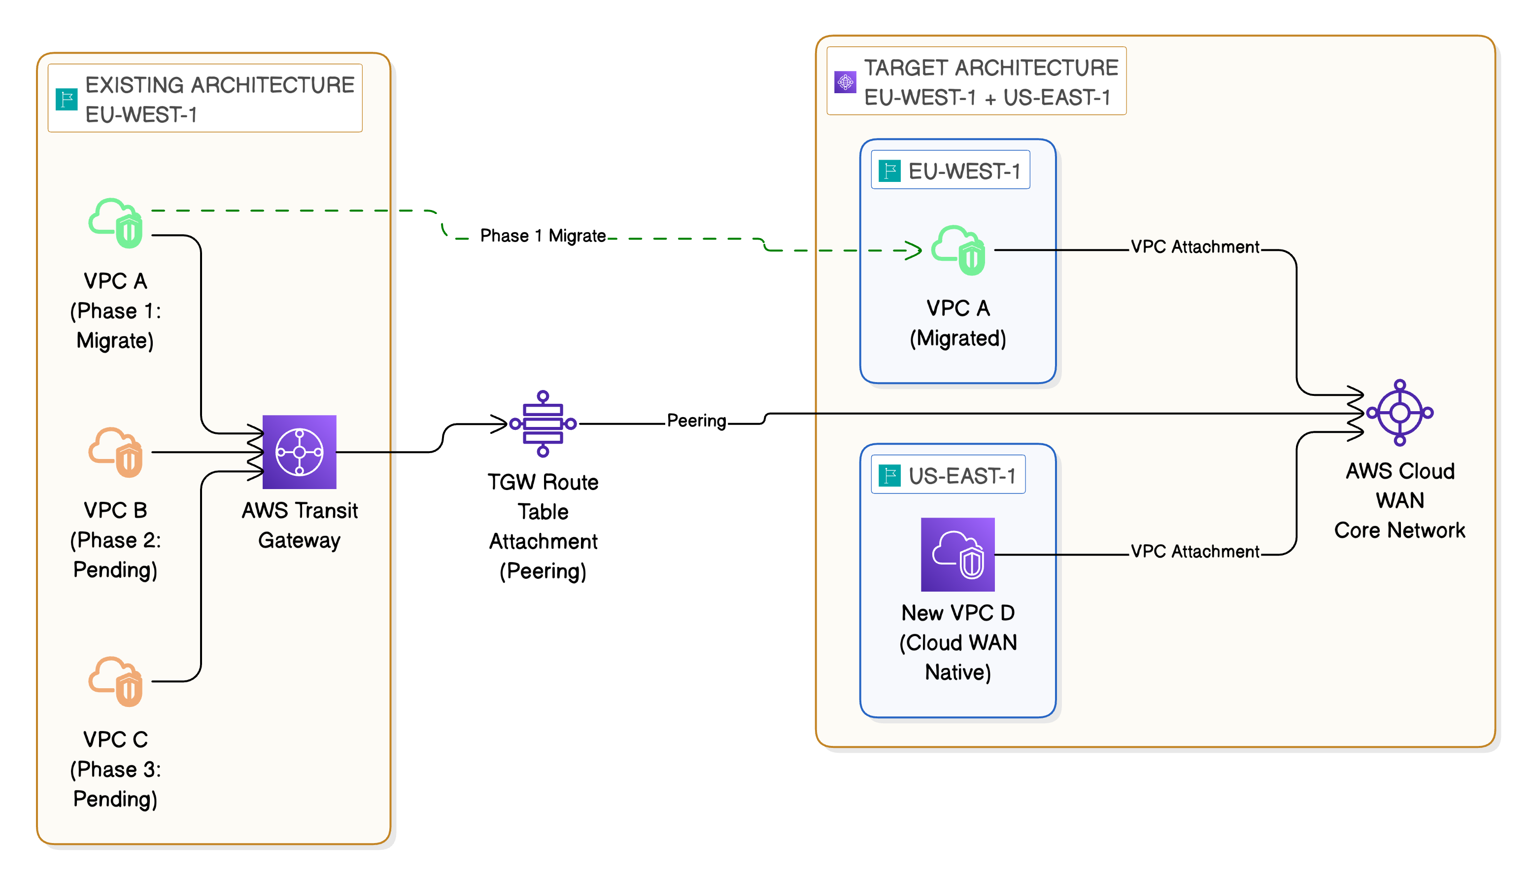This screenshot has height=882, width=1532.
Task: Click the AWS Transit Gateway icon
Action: pyautogui.click(x=299, y=452)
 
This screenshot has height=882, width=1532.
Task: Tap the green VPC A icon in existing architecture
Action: pyautogui.click(x=116, y=223)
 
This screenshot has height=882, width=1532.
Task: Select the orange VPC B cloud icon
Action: pyautogui.click(x=116, y=453)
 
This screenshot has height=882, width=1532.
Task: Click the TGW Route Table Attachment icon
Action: pyautogui.click(x=543, y=423)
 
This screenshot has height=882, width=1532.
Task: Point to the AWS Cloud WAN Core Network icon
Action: pyautogui.click(x=1399, y=413)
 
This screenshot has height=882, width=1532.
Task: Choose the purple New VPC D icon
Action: pyautogui.click(x=957, y=554)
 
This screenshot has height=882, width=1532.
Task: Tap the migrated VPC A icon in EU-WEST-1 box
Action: pyautogui.click(x=958, y=250)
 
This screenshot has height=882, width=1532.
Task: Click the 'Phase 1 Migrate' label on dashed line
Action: pyautogui.click(x=543, y=236)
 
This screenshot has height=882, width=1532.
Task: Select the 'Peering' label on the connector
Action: pyautogui.click(x=696, y=421)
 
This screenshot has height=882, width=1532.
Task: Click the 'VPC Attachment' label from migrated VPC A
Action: pyautogui.click(x=1195, y=247)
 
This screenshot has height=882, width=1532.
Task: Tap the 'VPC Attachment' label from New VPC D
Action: pyautogui.click(x=1195, y=551)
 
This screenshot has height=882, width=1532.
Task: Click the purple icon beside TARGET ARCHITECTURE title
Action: pyautogui.click(x=845, y=82)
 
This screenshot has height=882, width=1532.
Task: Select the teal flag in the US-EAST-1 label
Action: pyautogui.click(x=889, y=476)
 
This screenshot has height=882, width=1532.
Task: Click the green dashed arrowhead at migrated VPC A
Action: pyautogui.click(x=914, y=250)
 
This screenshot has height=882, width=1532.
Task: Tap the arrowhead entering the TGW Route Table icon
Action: pyautogui.click(x=499, y=424)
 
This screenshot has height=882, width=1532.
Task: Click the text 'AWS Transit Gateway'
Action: pyautogui.click(x=299, y=525)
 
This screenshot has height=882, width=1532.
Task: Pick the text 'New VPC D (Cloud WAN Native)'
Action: pyautogui.click(x=957, y=643)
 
